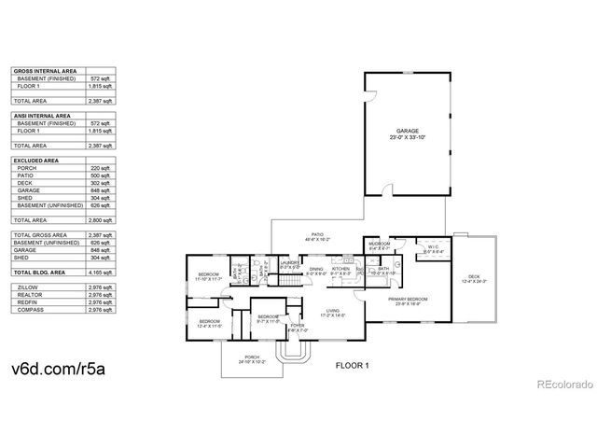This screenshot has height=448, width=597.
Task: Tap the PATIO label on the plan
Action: tap(318, 236)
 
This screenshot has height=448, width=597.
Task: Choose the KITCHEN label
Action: tap(340, 269)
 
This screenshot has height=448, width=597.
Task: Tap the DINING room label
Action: tap(316, 269)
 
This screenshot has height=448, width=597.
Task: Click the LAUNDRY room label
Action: tap(289, 263)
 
